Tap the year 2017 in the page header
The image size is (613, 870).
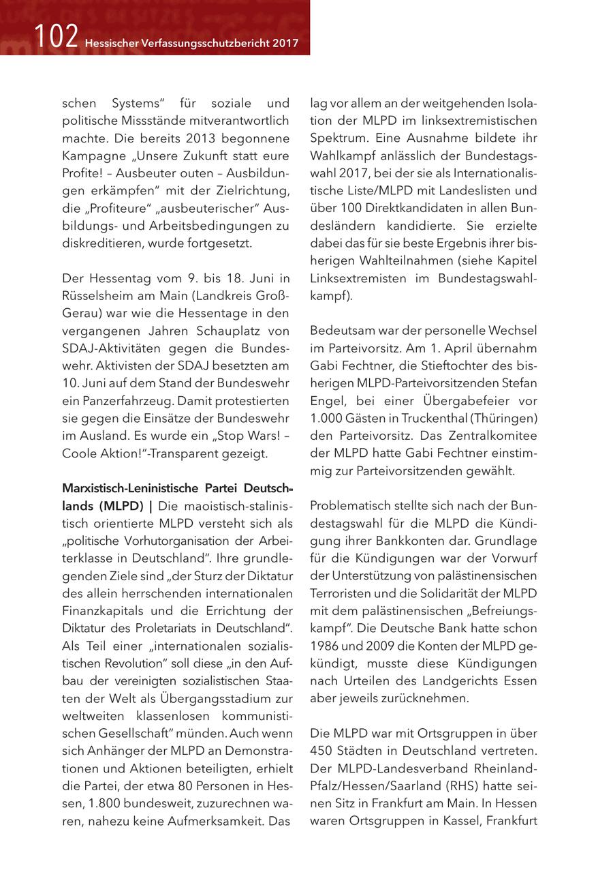click(x=285, y=44)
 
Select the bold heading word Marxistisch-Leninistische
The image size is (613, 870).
click(x=123, y=488)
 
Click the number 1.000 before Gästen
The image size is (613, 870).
click(x=325, y=417)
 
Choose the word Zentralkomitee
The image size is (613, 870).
click(x=494, y=435)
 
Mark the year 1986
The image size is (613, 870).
click(x=325, y=645)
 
